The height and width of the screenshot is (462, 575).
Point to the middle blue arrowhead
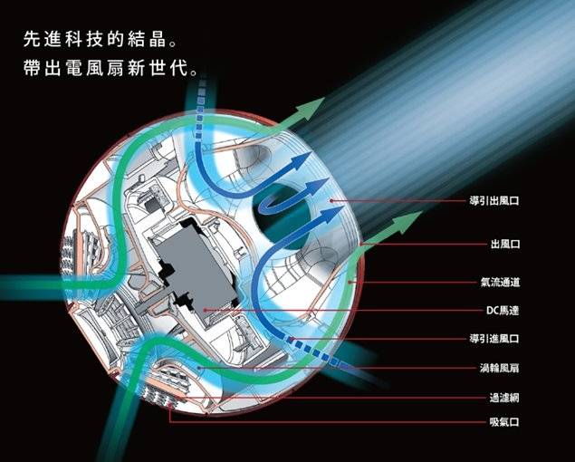pyautogui.click(x=315, y=187)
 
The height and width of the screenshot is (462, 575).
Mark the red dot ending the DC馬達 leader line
pyautogui.click(x=207, y=310)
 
